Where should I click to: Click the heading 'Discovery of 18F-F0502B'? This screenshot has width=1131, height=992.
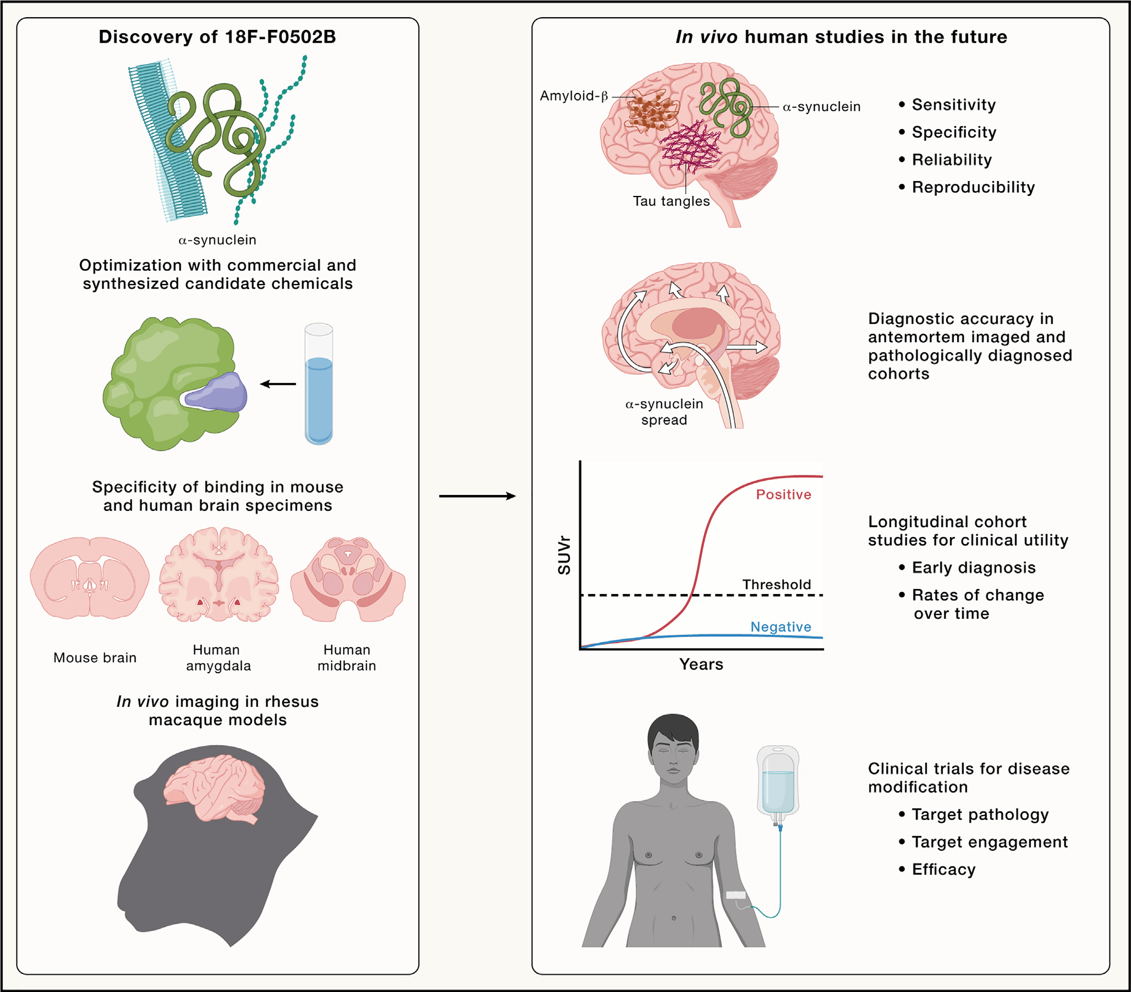coord(217,37)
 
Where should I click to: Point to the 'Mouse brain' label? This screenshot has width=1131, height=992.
coord(95,658)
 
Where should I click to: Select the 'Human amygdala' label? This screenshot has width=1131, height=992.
coord(218,658)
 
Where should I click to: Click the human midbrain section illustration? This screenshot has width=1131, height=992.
coord(348,578)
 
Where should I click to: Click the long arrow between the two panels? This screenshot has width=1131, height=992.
coord(477,496)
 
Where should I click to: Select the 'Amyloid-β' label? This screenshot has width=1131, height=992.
coord(574,96)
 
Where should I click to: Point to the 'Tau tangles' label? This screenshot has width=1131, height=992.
coord(671,201)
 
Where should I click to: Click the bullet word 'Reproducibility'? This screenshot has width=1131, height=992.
coord(973,187)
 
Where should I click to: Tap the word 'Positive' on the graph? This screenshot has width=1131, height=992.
coord(783,494)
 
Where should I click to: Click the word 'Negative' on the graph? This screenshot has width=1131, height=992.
coord(781,627)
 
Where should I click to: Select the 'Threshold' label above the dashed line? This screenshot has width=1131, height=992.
coord(776,585)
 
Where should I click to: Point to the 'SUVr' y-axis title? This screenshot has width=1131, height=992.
coord(564,555)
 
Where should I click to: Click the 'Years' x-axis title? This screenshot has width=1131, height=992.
coord(701,664)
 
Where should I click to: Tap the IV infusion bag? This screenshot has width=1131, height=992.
coord(778,781)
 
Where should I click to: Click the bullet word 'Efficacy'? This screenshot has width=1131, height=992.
coord(943,869)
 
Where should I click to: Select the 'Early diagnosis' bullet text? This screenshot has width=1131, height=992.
coord(973,567)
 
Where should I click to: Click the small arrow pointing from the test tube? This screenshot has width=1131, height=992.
coord(278,384)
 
